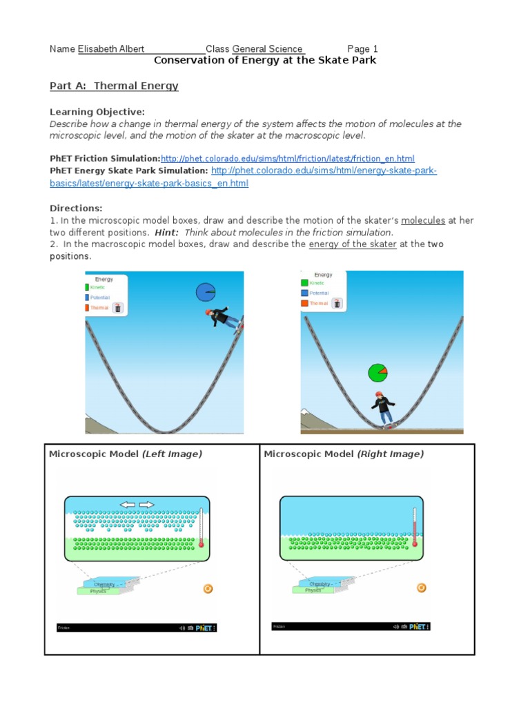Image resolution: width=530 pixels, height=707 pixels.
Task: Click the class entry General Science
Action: click(267, 49)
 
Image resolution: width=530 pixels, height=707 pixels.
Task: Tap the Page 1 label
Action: click(362, 49)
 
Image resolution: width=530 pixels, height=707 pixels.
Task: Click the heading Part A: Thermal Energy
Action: click(114, 86)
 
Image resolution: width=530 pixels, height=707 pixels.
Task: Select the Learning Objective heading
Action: click(97, 112)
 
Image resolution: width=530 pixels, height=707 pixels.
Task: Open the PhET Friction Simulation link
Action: click(288, 158)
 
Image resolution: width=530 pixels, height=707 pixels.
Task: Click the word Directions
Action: click(76, 208)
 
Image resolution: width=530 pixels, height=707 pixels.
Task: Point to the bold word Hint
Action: click(168, 233)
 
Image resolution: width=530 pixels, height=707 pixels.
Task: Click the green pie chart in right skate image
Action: click(377, 373)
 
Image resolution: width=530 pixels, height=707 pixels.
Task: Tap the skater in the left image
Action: click(222, 319)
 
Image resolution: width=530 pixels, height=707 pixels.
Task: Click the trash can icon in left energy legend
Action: click(118, 308)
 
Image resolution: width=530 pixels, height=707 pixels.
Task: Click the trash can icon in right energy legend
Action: click(337, 303)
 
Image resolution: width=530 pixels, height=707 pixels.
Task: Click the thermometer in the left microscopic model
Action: click(201, 527)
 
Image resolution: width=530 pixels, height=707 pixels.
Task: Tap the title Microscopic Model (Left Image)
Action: click(125, 454)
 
